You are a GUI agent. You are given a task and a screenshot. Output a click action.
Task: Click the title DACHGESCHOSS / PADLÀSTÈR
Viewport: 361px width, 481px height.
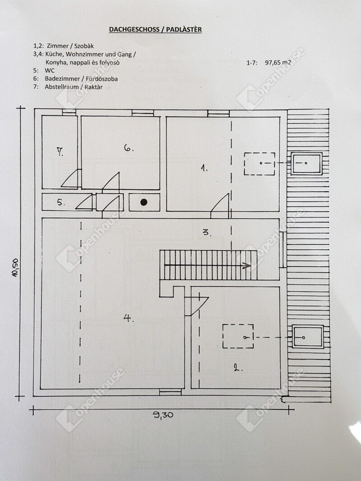(155, 29)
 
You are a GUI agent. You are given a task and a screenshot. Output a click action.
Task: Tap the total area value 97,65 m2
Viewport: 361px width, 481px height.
(278, 63)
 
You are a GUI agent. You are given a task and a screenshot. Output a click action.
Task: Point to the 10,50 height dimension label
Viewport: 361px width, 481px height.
(15, 267)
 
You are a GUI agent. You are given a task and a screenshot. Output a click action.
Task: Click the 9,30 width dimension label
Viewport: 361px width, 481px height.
(163, 415)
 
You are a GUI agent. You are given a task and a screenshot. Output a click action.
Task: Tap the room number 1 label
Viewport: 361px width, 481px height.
(204, 168)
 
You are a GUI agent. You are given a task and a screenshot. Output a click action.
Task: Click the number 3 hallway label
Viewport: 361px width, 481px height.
(207, 232)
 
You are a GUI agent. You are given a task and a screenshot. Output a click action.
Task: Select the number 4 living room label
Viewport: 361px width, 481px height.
(129, 318)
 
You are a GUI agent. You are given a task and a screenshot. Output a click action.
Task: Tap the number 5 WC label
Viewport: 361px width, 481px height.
(61, 202)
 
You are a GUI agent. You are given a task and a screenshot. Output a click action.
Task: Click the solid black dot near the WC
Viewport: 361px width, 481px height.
(144, 202)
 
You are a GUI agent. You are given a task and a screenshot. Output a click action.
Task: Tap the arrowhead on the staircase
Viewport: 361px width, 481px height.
(246, 266)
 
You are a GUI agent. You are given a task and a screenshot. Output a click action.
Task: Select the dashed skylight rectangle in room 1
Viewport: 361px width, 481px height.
(260, 164)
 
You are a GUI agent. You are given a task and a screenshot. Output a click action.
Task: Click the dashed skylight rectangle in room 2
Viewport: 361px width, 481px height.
(238, 336)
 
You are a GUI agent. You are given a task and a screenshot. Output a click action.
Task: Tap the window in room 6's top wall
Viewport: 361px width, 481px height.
(143, 113)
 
